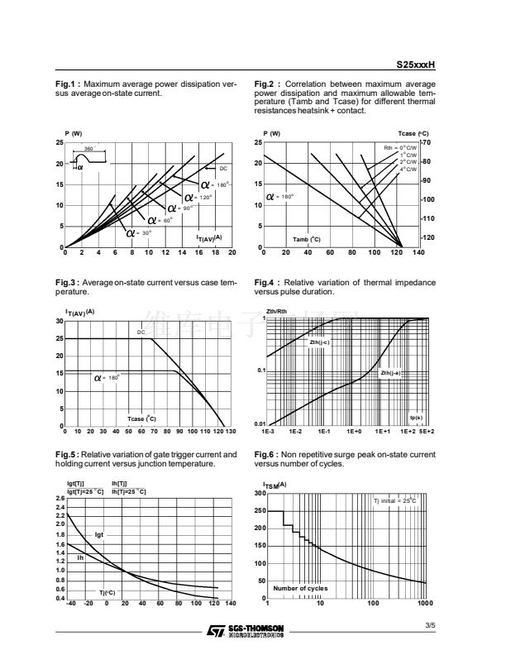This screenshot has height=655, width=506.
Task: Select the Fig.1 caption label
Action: [67, 84]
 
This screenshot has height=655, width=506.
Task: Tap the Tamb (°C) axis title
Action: [308, 240]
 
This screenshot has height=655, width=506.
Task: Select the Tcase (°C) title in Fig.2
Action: [413, 133]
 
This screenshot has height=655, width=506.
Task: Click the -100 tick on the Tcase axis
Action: [427, 200]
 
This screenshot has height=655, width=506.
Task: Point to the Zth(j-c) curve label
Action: [319, 342]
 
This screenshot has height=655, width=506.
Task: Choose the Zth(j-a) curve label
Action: [390, 373]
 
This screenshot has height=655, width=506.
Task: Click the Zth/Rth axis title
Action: [276, 311]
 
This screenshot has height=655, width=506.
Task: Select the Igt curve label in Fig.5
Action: [99, 533]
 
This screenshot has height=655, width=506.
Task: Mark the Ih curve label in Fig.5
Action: [80, 558]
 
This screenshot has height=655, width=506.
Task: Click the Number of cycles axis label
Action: [300, 588]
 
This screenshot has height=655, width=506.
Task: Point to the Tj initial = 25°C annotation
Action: [395, 501]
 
